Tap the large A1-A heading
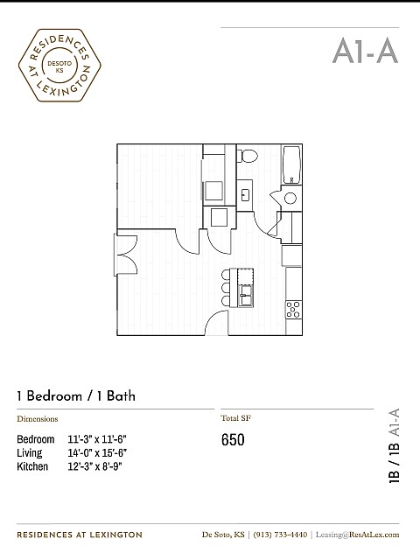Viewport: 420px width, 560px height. pyautogui.click(x=365, y=51)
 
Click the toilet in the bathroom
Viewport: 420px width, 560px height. pyautogui.click(x=248, y=157)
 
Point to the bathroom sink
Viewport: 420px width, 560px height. pyautogui.click(x=246, y=193)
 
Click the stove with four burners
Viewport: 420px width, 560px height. pyautogui.click(x=293, y=309)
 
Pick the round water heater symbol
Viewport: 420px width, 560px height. pyautogui.click(x=290, y=199)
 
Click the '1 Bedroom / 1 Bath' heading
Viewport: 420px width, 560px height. pyautogui.click(x=76, y=396)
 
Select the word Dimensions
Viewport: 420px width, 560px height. pyautogui.click(x=38, y=419)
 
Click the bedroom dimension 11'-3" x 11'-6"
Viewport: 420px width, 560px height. pyautogui.click(x=97, y=438)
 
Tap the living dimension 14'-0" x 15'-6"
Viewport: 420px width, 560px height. pyautogui.click(x=97, y=452)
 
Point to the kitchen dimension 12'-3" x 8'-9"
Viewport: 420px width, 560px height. pyautogui.click(x=95, y=466)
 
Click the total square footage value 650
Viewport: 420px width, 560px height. pyautogui.click(x=233, y=439)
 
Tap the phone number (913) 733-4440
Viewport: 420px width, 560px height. pyautogui.click(x=280, y=535)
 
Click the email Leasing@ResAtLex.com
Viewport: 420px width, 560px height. pyautogui.click(x=358, y=535)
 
